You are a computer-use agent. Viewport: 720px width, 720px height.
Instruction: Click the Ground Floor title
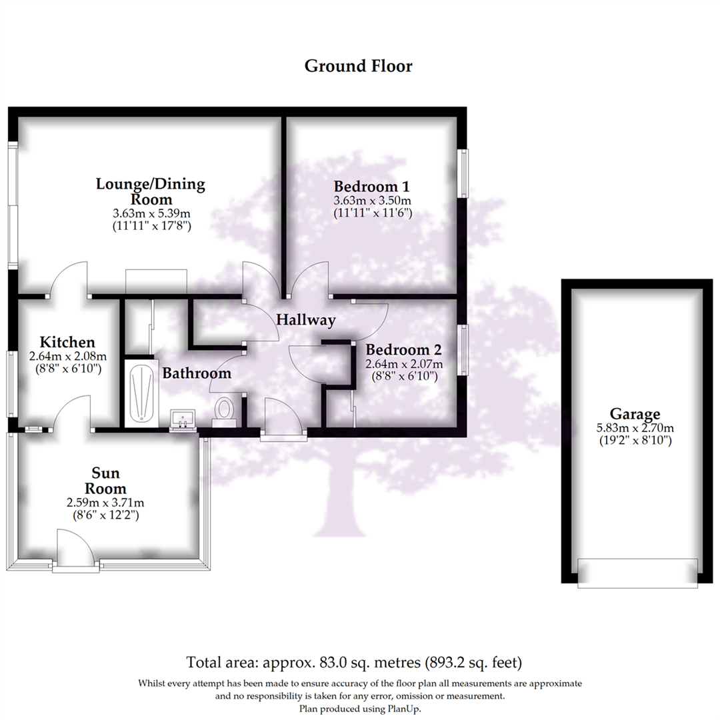pos(358,66)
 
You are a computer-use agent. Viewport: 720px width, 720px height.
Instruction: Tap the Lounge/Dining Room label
pos(150,191)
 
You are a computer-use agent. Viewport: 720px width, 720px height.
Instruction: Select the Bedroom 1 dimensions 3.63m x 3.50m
pos(373,200)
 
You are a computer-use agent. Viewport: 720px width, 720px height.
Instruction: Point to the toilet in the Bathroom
pos(225,409)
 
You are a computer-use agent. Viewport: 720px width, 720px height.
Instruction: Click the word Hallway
pos(306,320)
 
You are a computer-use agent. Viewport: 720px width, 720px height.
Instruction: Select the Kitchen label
pos(62,342)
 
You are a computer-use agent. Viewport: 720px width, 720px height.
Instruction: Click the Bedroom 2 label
pos(403,350)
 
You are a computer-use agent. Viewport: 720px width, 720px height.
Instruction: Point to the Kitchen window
pos(11,383)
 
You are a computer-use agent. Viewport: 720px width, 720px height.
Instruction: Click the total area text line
pos(354,663)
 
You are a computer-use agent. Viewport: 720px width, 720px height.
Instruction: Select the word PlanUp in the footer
pos(404,709)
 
